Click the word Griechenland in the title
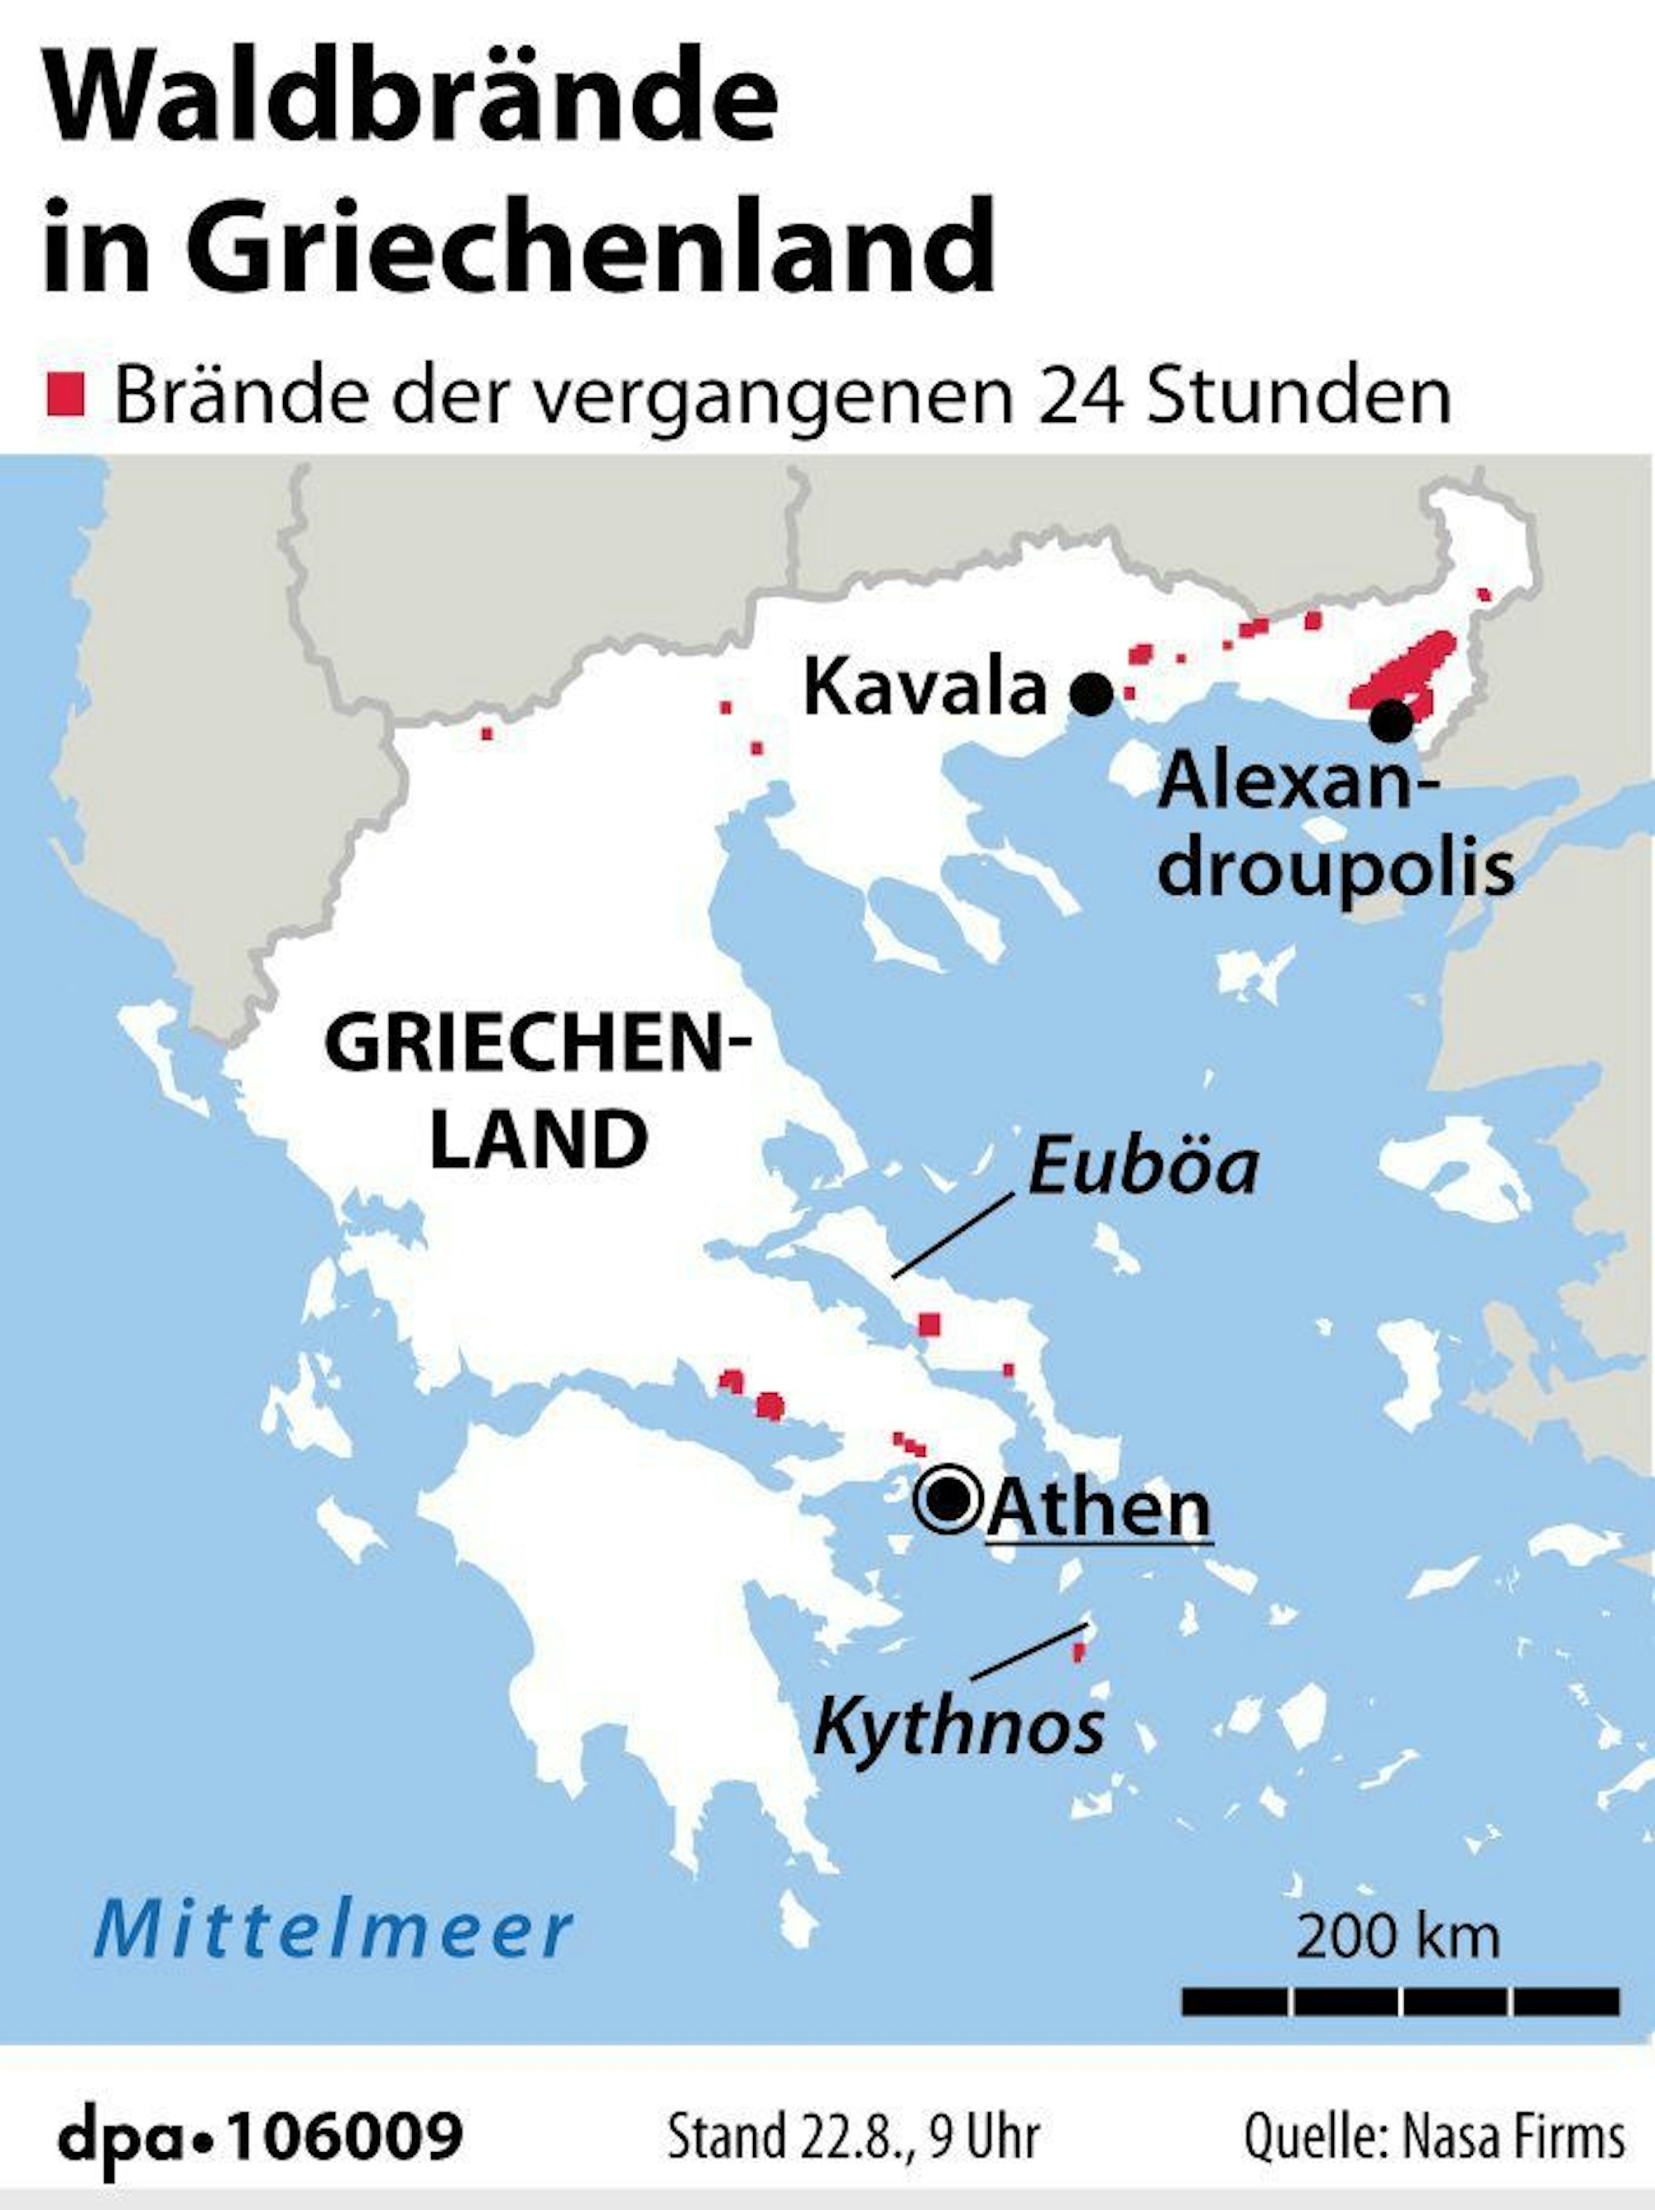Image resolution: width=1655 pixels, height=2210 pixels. [x=589, y=245]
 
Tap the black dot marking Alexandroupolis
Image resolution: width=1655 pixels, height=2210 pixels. [x=1391, y=720]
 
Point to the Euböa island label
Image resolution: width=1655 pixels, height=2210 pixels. [x=1143, y=1166]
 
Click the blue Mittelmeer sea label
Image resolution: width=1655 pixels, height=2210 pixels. [x=333, y=1930]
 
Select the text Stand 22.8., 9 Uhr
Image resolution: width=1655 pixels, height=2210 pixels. [x=853, y=2131]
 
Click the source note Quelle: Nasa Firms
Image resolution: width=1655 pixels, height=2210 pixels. [x=1434, y=2131]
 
